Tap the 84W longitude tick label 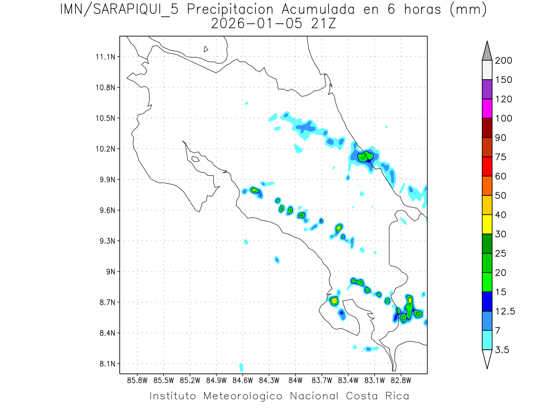(295, 379)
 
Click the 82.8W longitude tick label (401, 379)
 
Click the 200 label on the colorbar (503, 61)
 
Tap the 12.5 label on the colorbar (505, 311)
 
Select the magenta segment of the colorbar (486, 108)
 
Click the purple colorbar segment (486, 89)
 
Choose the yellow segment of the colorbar (486, 224)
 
